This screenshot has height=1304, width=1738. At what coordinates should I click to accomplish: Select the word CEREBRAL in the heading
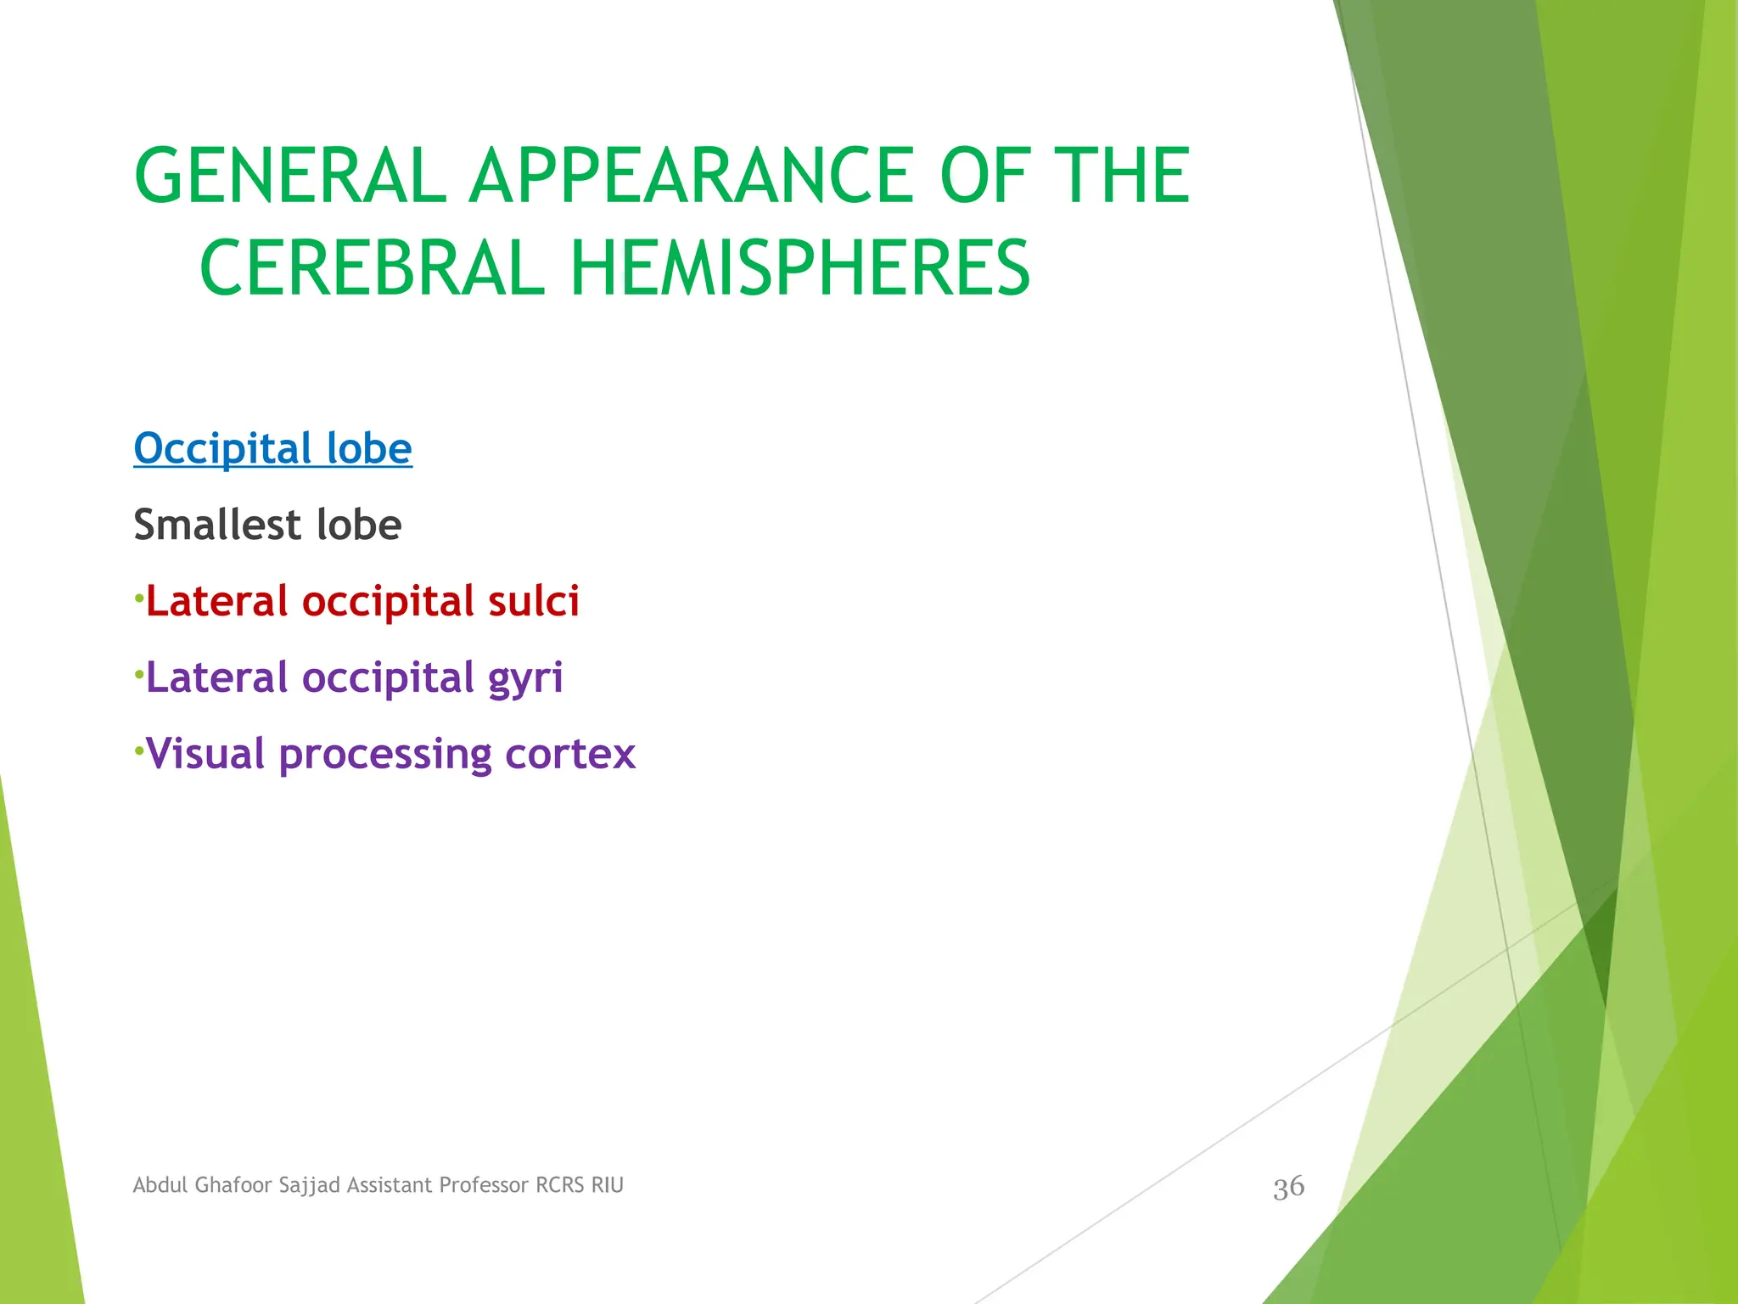point(372,268)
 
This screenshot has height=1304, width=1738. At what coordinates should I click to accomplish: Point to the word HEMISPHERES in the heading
point(799,268)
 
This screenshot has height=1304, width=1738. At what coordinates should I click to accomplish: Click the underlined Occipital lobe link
point(272,448)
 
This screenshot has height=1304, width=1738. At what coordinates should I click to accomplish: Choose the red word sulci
point(533,601)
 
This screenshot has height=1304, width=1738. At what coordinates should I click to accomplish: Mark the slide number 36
point(1288,1187)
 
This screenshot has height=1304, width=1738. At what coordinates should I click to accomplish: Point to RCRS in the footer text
point(560,1185)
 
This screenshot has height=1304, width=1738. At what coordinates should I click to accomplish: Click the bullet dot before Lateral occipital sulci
point(138,599)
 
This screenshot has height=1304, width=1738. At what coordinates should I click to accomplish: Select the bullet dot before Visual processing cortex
point(138,751)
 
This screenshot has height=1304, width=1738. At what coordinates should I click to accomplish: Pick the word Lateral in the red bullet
point(217,601)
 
